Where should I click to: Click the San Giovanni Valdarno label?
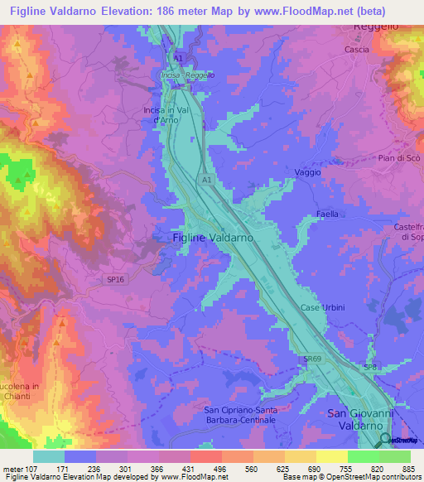[359, 418]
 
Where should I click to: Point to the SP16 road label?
[114, 280]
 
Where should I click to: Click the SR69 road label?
[311, 359]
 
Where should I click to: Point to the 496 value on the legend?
[220, 470]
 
